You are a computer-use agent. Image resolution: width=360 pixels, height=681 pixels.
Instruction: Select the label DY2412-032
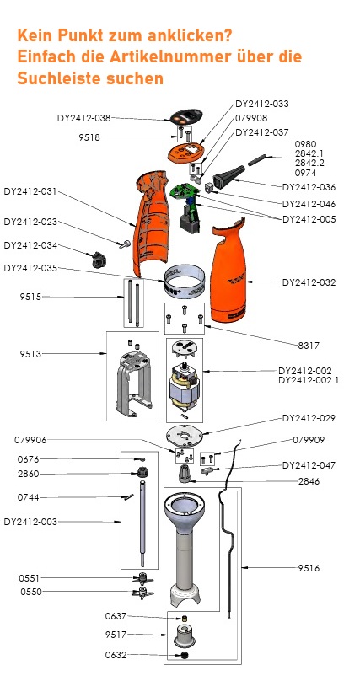pos(309,282)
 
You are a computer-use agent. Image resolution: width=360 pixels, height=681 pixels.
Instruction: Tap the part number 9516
pos(309,570)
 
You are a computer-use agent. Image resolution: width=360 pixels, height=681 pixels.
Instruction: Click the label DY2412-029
pos(309,418)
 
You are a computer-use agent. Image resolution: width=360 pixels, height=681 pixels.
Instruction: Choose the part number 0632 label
pos(116,655)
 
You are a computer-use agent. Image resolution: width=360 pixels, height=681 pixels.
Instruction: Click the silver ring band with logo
pos(185,282)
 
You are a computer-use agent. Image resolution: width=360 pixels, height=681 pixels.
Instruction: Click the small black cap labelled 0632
pos(180,655)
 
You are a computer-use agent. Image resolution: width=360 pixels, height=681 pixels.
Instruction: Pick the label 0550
pos(30,593)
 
